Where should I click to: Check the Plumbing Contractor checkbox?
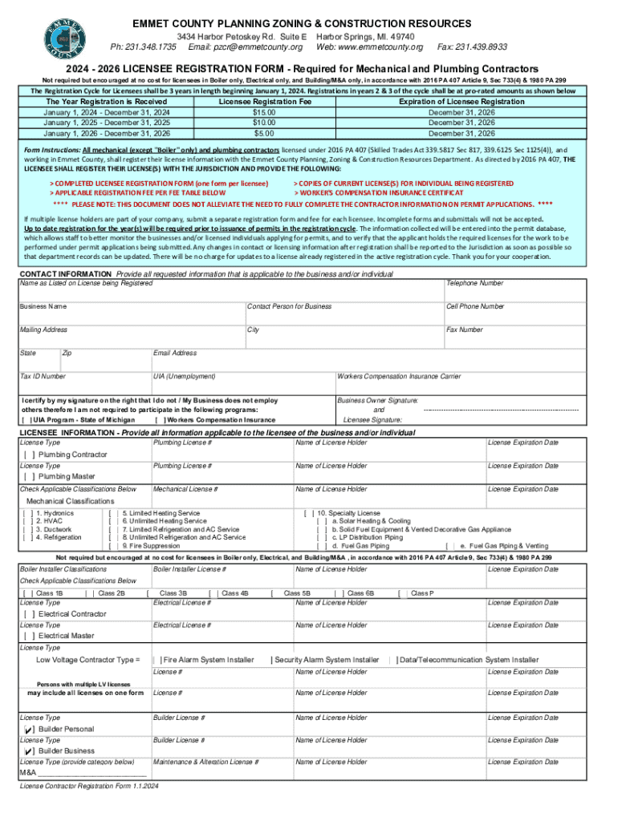pyautogui.click(x=28, y=455)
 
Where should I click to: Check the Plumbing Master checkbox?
pyautogui.click(x=28, y=477)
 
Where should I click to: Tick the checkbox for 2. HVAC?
pyautogui.click(x=28, y=521)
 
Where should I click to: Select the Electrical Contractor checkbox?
pyautogui.click(x=28, y=614)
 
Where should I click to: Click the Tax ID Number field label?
pyautogui.click(x=43, y=376)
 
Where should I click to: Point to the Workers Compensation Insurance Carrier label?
pyautogui.click(x=399, y=376)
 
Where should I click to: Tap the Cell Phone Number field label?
pyautogui.click(x=475, y=306)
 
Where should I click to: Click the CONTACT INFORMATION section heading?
pyautogui.click(x=66, y=274)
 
